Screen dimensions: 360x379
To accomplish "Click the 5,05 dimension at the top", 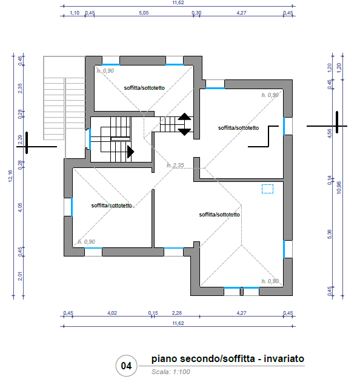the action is [x=144, y=13].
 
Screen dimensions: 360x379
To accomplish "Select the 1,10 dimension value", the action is [x=75, y=13].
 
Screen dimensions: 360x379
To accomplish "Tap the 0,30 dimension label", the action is [x=196, y=13].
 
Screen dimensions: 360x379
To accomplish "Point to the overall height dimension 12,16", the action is [x=10, y=176].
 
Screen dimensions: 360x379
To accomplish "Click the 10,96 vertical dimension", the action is [x=339, y=187].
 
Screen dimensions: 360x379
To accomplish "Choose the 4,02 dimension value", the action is [x=112, y=313].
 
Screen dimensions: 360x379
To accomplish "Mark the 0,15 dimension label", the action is [x=153, y=313].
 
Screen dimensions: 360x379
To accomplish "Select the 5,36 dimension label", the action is [x=329, y=234].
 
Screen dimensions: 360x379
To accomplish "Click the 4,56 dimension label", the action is [x=329, y=133].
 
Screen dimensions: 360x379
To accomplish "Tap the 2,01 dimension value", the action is [x=20, y=276].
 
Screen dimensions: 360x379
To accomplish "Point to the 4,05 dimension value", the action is [x=20, y=207].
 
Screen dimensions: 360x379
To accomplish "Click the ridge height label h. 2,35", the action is [x=175, y=166].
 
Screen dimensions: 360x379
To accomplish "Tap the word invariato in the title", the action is [x=284, y=358].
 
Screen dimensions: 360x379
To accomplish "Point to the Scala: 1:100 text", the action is [x=170, y=372].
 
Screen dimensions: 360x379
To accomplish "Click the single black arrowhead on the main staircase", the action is [x=130, y=152].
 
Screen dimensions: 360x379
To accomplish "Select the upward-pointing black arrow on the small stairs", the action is [x=185, y=116].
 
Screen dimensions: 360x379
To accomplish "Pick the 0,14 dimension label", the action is [x=329, y=181].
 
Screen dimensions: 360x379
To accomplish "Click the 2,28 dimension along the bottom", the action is [x=177, y=313].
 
